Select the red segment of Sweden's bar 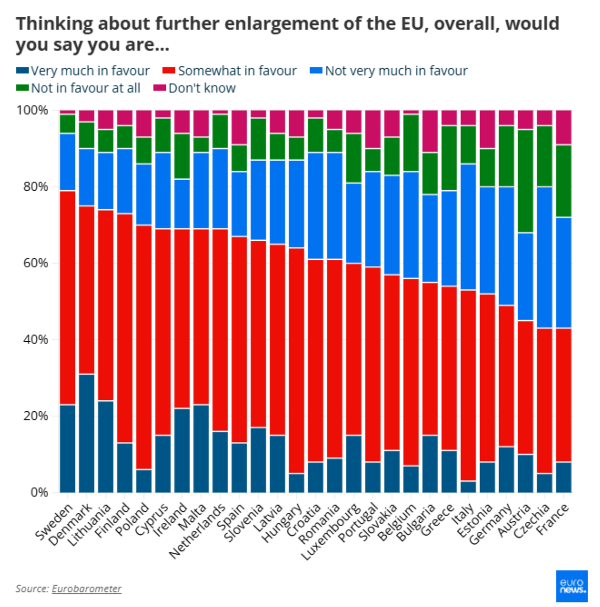tap(67, 298)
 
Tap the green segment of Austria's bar tap(525, 181)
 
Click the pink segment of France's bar tap(563, 127)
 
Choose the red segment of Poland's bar tap(144, 347)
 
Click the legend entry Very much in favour tap(83, 71)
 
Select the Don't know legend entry tap(195, 89)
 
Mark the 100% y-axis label tap(33, 110)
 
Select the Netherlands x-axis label tap(197, 531)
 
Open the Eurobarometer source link tap(86, 588)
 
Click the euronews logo tap(571, 585)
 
